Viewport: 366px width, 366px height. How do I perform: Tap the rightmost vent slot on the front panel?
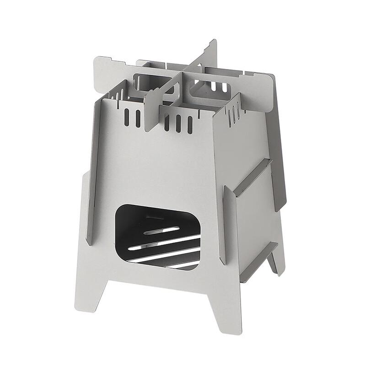pyautogui.click(x=190, y=124)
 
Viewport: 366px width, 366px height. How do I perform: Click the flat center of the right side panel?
pyautogui.click(x=254, y=151)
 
